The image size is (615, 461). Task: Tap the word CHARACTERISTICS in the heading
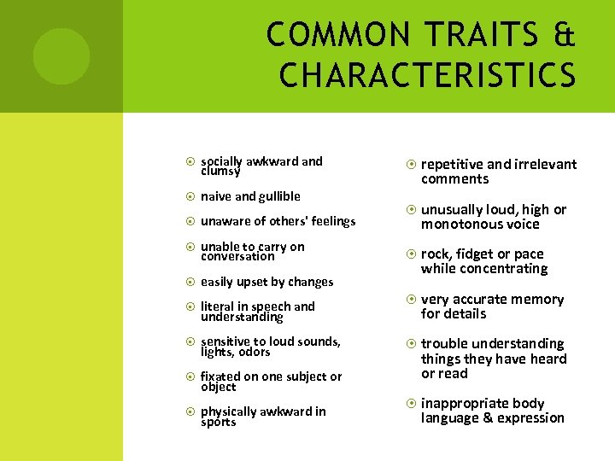(427, 75)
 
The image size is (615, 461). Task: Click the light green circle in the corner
(61, 56)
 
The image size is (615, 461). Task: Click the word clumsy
(220, 171)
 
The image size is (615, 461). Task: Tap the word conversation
(237, 256)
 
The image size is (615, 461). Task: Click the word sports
(218, 422)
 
